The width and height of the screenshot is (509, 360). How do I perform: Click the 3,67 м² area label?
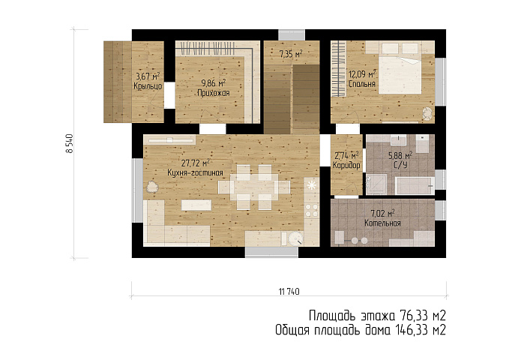click(x=148, y=76)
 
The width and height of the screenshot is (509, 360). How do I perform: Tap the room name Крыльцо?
click(x=148, y=86)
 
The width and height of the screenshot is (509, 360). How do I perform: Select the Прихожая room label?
click(x=214, y=93)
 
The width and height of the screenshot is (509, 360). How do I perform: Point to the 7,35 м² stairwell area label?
click(x=291, y=54)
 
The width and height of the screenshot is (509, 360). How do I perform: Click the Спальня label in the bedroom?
click(x=362, y=84)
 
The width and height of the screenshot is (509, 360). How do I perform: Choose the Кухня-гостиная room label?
click(x=195, y=172)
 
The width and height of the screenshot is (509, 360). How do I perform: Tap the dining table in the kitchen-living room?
click(x=254, y=187)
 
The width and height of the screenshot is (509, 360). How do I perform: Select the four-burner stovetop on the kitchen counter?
click(x=312, y=210)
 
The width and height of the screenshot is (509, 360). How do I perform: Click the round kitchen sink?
click(x=295, y=238)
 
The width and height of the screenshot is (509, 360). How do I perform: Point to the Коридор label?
click(x=346, y=166)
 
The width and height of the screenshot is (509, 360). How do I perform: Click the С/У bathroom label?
click(x=400, y=166)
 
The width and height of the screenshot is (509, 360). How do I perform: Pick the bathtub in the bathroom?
click(x=415, y=186)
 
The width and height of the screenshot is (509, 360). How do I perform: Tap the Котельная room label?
click(x=382, y=223)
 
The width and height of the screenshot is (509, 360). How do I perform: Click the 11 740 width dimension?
click(x=289, y=292)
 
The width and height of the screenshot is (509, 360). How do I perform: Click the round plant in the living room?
click(x=151, y=187)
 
